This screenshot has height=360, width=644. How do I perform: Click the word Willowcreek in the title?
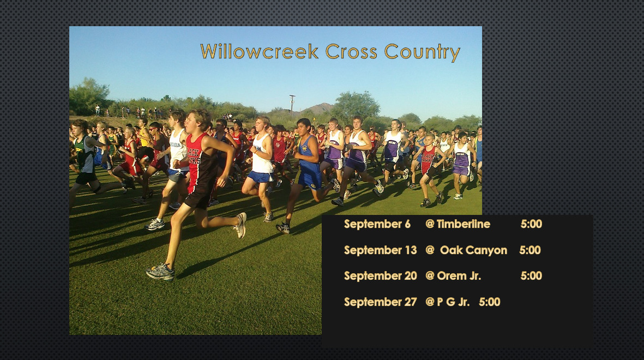click(260, 51)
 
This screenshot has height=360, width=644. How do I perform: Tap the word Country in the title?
click(422, 52)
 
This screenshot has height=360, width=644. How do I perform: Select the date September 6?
click(377, 224)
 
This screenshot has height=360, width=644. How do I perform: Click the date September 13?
click(380, 250)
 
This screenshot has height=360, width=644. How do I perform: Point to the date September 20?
click(380, 276)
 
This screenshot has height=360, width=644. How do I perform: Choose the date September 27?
click(380, 302)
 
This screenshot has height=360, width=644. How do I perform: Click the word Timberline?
click(464, 224)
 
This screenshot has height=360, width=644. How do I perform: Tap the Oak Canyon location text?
click(473, 250)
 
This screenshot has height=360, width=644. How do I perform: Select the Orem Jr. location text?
click(459, 276)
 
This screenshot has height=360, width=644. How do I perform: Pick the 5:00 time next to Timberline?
click(531, 224)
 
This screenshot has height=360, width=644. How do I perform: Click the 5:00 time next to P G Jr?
click(489, 302)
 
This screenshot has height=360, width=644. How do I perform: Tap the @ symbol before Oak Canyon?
click(430, 250)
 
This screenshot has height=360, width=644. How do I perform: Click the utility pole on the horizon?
click(292, 104)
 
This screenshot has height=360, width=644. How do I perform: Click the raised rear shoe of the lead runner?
click(240, 225)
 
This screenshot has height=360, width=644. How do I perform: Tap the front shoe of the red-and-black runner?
click(160, 272)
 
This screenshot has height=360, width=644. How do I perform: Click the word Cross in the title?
click(351, 51)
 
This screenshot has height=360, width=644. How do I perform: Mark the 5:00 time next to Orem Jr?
click(531, 276)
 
